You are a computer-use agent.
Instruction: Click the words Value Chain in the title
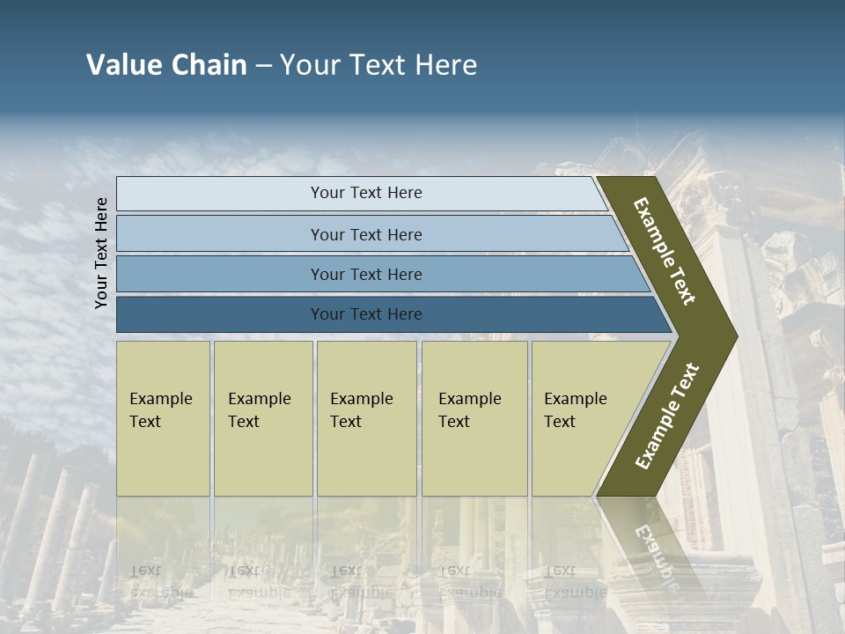click(x=166, y=65)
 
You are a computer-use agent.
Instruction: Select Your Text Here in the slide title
click(x=378, y=65)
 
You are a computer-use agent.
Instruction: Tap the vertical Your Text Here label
click(x=101, y=253)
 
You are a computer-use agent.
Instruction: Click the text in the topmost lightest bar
click(x=366, y=193)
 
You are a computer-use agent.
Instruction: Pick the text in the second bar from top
click(x=366, y=235)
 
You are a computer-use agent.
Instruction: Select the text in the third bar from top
click(x=366, y=275)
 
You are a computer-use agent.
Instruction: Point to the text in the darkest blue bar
click(x=366, y=314)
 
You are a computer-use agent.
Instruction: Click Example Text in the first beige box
click(x=160, y=410)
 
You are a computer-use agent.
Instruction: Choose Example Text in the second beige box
click(x=259, y=410)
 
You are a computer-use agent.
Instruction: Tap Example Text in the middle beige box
click(x=361, y=410)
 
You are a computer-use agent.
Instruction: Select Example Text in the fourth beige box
click(x=469, y=410)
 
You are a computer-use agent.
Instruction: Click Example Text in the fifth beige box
click(x=575, y=410)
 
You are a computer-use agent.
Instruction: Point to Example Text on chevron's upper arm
click(x=665, y=251)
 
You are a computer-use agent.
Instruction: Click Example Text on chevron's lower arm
click(x=667, y=417)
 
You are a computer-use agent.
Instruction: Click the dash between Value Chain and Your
click(x=263, y=66)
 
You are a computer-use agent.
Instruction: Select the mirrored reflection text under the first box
click(x=160, y=581)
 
